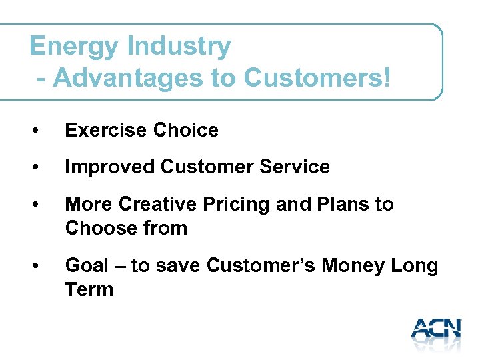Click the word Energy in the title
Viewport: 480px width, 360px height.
[x=74, y=47]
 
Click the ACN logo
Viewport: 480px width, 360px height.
[x=436, y=330]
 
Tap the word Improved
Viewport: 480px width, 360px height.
[x=110, y=167]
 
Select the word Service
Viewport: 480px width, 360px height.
[x=293, y=167]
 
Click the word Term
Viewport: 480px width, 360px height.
[x=89, y=289]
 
